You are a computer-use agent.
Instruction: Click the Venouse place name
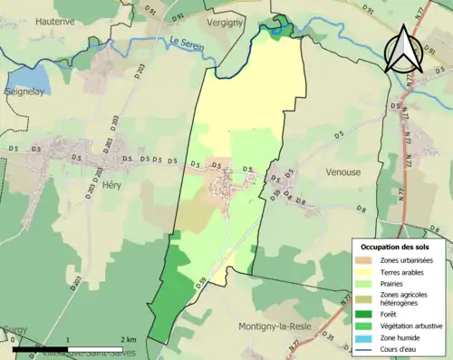(x=342, y=170)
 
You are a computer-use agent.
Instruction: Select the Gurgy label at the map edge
(x=14, y=331)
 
